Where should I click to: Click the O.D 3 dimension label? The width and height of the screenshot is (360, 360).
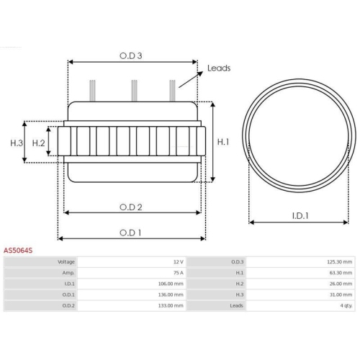(x=130, y=55)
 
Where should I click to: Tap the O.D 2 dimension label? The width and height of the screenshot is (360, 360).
(x=130, y=206)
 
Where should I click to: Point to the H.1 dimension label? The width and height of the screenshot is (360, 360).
(x=224, y=143)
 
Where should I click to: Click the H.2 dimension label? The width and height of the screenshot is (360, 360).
(x=39, y=143)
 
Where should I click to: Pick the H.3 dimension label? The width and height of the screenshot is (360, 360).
(x=17, y=143)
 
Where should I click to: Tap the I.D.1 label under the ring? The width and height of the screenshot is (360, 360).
(x=301, y=215)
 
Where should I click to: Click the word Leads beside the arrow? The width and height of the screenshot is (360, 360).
(x=218, y=68)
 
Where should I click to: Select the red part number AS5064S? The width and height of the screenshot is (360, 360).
(x=18, y=251)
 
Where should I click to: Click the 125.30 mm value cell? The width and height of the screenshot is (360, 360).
(x=338, y=262)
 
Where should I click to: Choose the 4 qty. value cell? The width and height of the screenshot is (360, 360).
(x=344, y=305)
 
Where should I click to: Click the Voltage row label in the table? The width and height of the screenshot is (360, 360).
(x=66, y=262)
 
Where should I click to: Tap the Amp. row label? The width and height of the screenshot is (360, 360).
(x=68, y=273)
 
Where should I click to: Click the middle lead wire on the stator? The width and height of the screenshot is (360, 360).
(x=133, y=91)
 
